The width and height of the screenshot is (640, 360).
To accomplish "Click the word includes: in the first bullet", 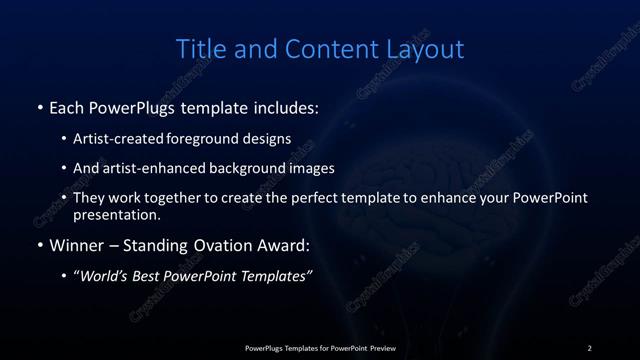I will coord(282,106).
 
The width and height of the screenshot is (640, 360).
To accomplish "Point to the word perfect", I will coord(315,198).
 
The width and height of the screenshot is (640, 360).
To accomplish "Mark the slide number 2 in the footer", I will coord(589,348).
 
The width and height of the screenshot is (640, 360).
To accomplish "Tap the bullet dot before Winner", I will coord(40,243).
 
